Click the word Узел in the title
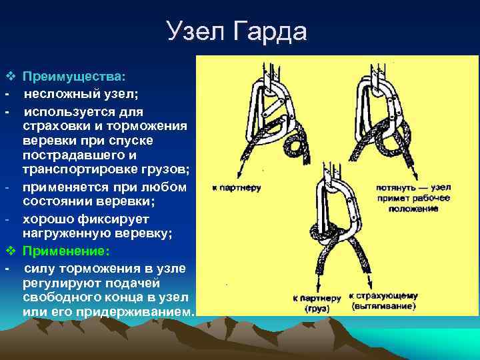[195, 32]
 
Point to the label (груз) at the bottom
[317, 308]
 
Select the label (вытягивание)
[384, 307]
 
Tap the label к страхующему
[384, 296]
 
